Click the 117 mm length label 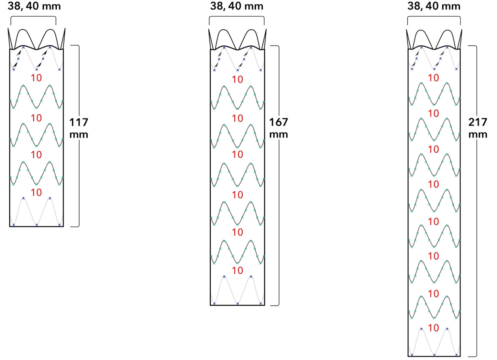point(79,128)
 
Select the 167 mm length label point(278,128)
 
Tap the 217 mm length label point(478,128)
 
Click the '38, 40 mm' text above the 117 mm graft point(34,6)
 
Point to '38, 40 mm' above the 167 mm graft point(237,6)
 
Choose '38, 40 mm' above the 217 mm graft point(434,6)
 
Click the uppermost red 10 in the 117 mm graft point(36,78)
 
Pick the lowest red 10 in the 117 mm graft point(36,192)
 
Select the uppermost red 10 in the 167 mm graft point(237,79)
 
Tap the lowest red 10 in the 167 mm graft point(237,270)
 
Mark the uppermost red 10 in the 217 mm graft point(433,78)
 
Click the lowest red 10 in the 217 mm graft point(433,328)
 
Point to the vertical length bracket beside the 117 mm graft point(79,178)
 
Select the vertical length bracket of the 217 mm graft point(476,226)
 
